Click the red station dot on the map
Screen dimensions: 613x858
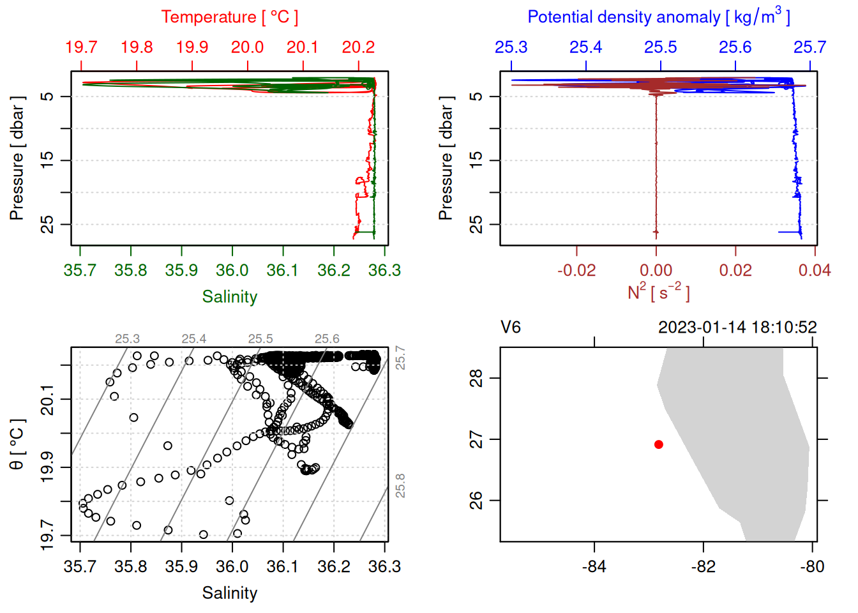658,444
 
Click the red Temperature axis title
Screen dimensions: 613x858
229,17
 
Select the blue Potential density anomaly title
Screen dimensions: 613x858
658,17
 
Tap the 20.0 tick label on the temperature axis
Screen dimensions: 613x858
247,47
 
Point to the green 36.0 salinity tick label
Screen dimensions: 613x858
232,270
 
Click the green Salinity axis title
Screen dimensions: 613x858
229,297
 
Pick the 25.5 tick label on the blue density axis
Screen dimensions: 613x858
660,47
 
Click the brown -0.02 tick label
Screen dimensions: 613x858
576,270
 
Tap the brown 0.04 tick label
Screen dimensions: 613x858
814,270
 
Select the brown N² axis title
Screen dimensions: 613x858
658,292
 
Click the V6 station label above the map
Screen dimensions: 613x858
511,328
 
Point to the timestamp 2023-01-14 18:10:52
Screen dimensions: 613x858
737,328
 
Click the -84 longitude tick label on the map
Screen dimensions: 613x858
594,566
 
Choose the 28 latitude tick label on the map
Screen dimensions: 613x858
476,378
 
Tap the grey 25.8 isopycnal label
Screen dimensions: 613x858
400,486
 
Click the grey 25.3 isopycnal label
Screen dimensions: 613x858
127,339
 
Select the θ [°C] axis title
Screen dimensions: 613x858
17,444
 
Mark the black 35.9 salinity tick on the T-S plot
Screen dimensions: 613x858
181,566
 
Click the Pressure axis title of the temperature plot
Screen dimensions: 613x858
17,158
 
